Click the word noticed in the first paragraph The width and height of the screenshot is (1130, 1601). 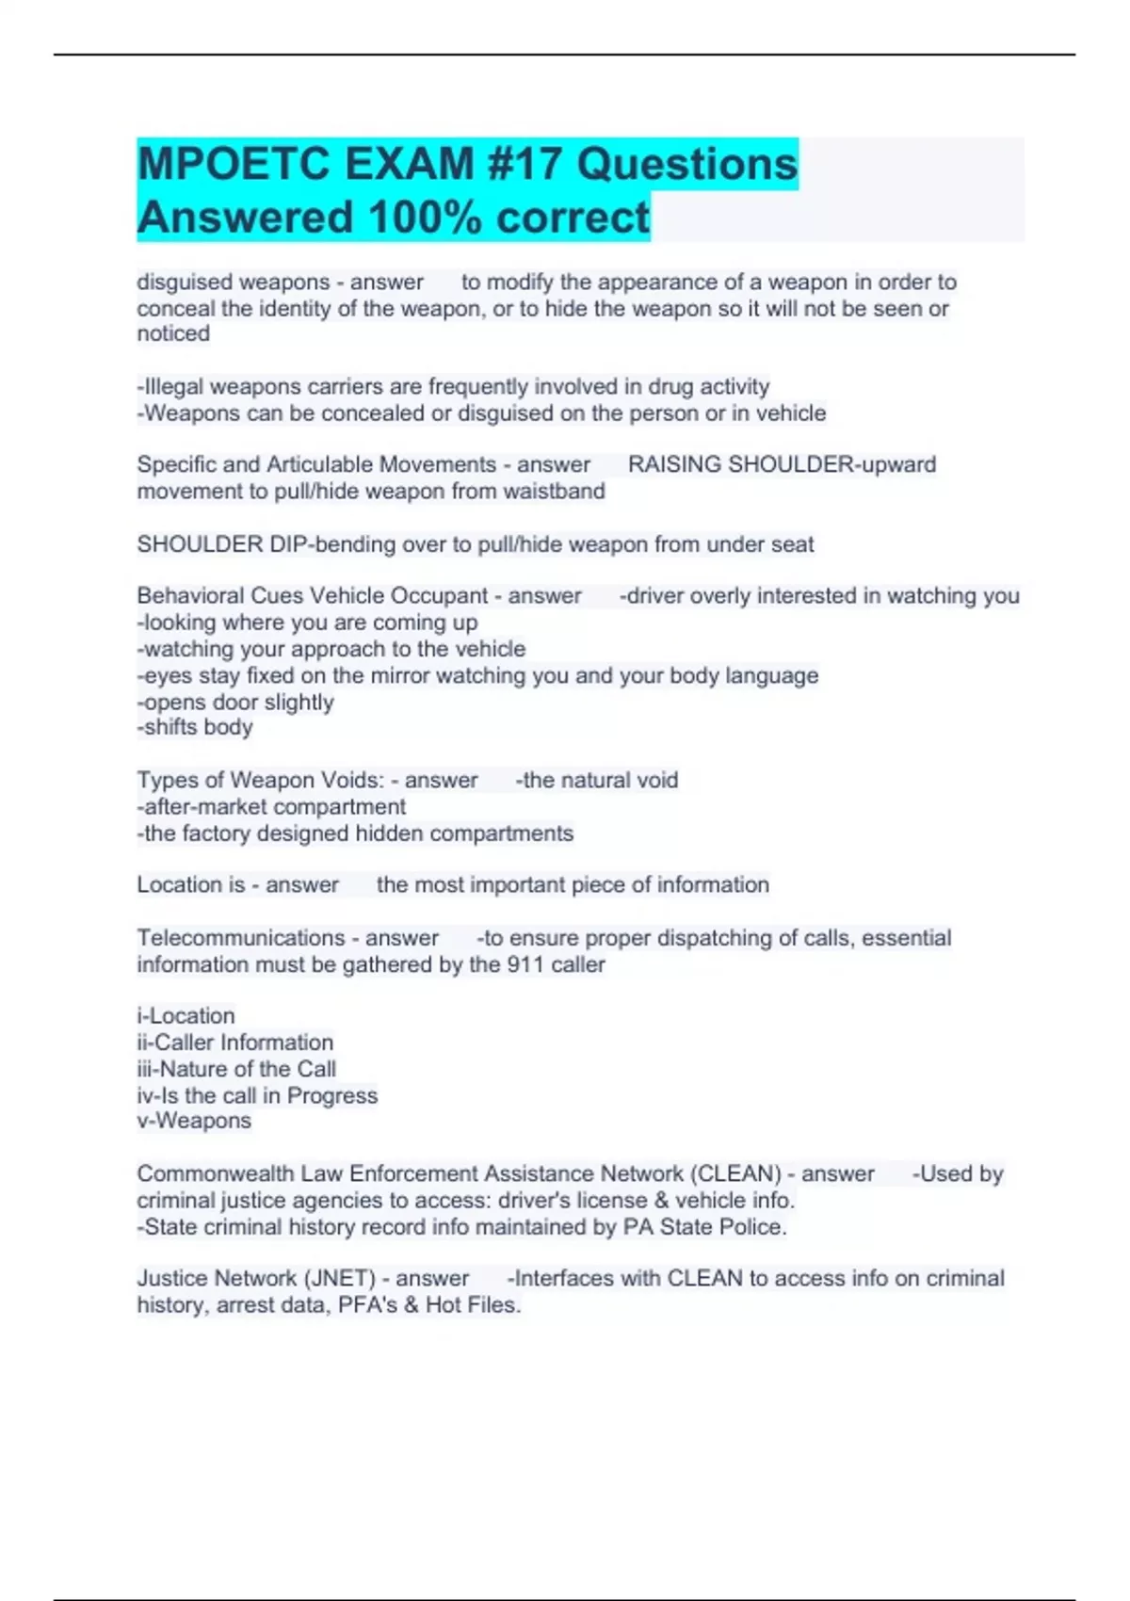click(173, 333)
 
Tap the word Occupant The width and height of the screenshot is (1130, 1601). click(438, 595)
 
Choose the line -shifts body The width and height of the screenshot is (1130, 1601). click(195, 727)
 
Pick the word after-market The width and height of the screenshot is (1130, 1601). click(202, 806)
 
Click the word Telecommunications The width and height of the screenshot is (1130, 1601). click(241, 938)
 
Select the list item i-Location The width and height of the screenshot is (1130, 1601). click(186, 1016)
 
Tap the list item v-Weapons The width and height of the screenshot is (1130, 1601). click(194, 1121)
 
